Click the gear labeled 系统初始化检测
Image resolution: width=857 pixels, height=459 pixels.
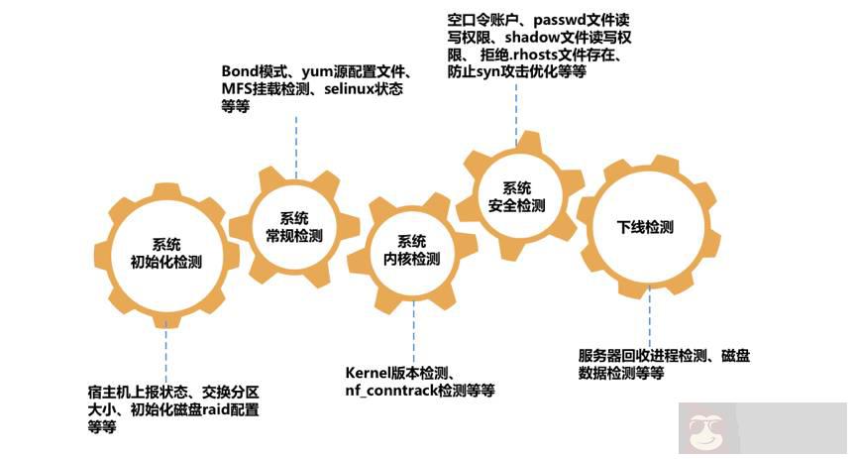click(x=165, y=254)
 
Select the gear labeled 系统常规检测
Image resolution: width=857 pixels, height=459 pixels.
click(x=294, y=227)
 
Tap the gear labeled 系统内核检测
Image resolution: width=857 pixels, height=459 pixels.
click(x=411, y=250)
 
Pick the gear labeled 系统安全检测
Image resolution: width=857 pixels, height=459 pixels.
click(x=516, y=197)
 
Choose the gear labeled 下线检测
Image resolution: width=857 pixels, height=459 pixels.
click(x=644, y=227)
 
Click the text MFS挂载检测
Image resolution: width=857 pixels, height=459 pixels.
click(x=267, y=90)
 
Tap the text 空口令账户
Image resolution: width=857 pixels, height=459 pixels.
click(x=484, y=21)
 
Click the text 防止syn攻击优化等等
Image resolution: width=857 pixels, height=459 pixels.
click(x=516, y=73)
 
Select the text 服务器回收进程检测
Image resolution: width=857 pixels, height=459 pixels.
click(x=647, y=356)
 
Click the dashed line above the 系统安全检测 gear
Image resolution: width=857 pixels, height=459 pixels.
click(x=516, y=109)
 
